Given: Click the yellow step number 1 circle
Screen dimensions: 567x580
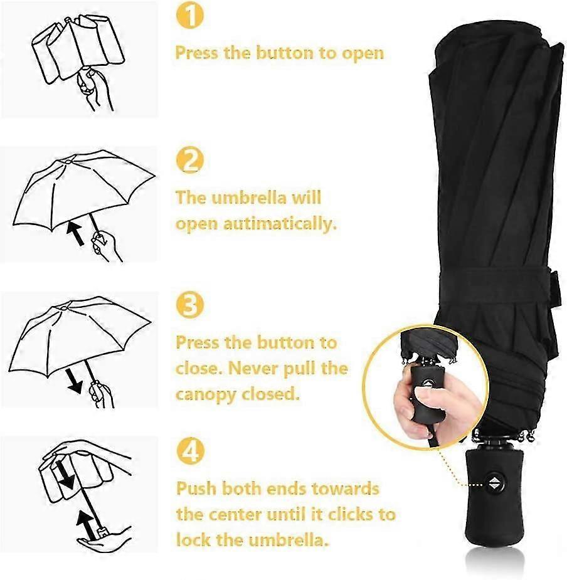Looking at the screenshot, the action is coord(190,15).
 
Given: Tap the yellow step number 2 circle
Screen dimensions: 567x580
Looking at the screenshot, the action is coord(190,160).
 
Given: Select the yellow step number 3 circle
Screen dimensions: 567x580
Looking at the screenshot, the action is coord(190,305).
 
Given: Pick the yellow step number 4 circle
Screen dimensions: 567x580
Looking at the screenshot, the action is coord(190,451).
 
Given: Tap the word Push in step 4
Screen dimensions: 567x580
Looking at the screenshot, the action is coord(196,488).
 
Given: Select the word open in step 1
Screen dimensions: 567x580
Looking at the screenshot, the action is coord(363,54).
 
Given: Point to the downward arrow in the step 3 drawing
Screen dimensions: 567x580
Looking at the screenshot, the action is coord(73,381).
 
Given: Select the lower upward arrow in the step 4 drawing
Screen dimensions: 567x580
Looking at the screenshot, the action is coord(85,524).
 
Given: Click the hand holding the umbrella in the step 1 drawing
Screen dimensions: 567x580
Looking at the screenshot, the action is coord(93,88).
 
